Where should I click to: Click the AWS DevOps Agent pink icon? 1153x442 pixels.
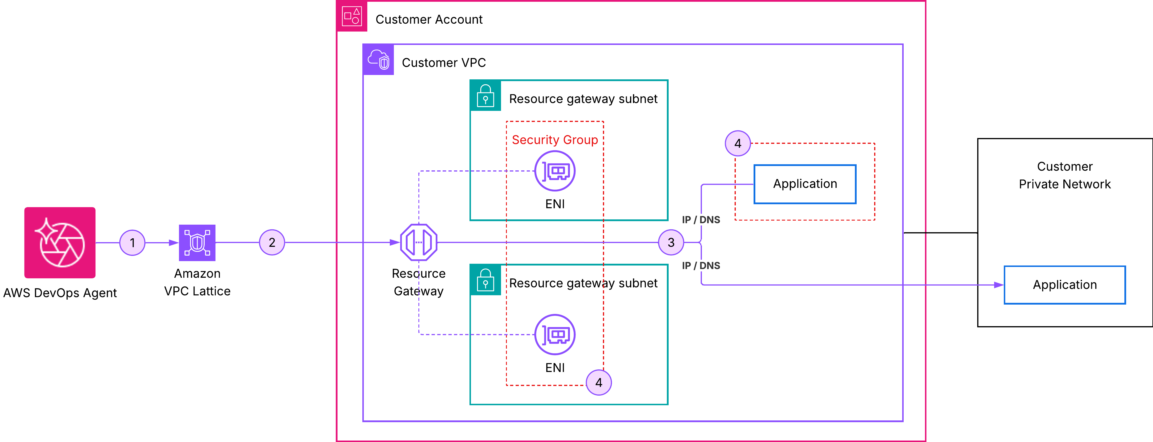60,242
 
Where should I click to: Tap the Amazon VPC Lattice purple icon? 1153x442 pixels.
197,242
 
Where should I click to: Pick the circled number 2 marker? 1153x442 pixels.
272,242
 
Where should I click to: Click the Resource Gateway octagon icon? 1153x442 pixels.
418,242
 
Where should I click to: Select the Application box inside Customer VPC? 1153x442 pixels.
805,184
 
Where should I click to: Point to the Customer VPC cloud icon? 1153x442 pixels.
378,60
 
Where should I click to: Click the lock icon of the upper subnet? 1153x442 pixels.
485,96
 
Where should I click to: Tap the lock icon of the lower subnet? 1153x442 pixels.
485,280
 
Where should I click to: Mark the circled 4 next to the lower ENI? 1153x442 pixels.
599,382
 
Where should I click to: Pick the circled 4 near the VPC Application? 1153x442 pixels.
738,143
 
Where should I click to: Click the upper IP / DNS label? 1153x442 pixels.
701,220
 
